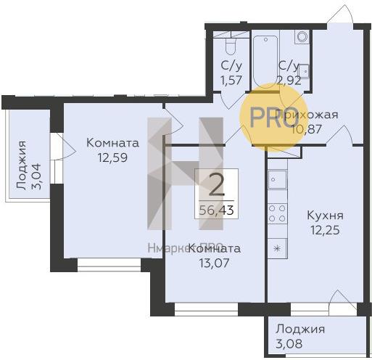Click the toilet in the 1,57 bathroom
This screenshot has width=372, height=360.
(231, 46)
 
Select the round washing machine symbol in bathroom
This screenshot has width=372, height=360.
(302, 37)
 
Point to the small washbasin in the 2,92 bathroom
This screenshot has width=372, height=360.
(305, 70)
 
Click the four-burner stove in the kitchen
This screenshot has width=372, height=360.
(277, 213)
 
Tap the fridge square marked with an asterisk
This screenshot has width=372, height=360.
(276, 247)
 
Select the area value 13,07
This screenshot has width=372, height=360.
(215, 262)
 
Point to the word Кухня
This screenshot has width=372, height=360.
(325, 216)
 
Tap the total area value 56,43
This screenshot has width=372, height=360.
(215, 210)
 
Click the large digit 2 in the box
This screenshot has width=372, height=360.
(215, 187)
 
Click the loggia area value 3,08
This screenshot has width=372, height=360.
(289, 343)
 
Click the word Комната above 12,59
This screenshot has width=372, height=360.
(112, 142)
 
